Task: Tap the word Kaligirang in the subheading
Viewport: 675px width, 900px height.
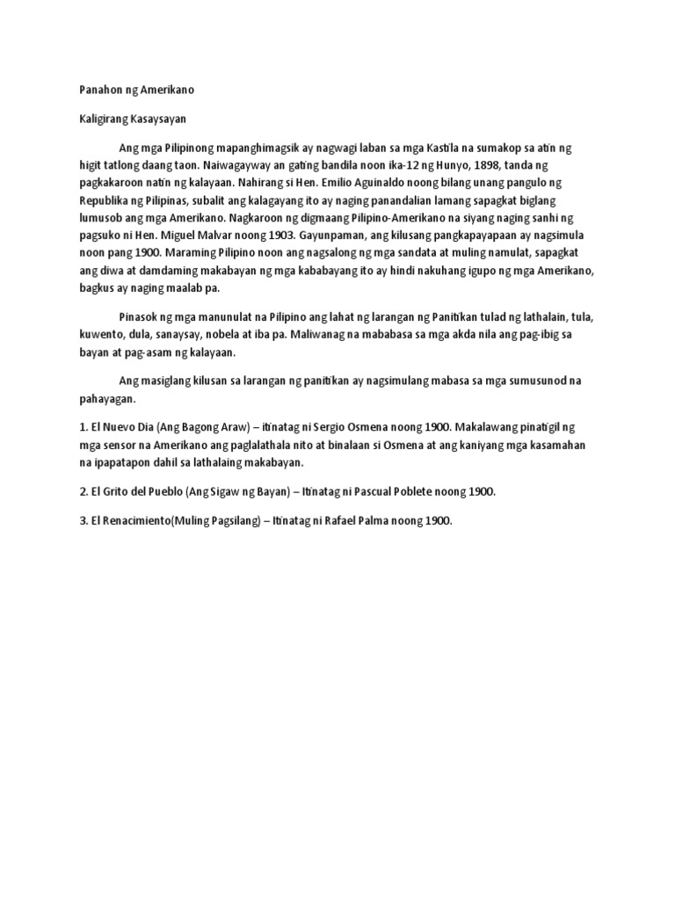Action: click(98, 119)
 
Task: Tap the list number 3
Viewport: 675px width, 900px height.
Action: click(72, 520)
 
